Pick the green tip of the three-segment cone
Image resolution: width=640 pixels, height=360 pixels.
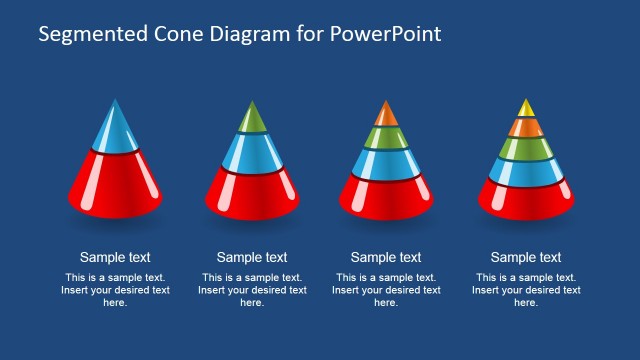pyautogui.click(x=252, y=119)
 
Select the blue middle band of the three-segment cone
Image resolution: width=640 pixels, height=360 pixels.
pyautogui.click(x=252, y=151)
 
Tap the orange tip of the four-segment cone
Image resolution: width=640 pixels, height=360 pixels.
pyautogui.click(x=386, y=114)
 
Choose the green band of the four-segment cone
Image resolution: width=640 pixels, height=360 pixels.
pyautogui.click(x=386, y=137)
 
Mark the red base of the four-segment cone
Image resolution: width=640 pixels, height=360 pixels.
pyautogui.click(x=386, y=197)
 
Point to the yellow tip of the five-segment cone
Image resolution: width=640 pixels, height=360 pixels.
pyautogui.click(x=526, y=107)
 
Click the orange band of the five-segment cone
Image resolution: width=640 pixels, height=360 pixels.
pyautogui.click(x=526, y=127)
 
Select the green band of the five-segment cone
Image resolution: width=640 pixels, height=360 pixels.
pyautogui.click(x=526, y=149)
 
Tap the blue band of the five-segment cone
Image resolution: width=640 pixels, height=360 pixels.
pyautogui.click(x=526, y=171)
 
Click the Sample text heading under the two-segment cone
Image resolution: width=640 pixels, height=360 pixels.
pyautogui.click(x=115, y=257)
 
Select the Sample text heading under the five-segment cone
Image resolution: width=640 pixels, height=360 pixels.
pyautogui.click(x=526, y=257)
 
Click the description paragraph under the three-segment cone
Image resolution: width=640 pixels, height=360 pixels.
pyautogui.click(x=252, y=290)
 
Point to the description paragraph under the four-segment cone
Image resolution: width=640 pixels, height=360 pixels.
pyautogui.click(x=386, y=290)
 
